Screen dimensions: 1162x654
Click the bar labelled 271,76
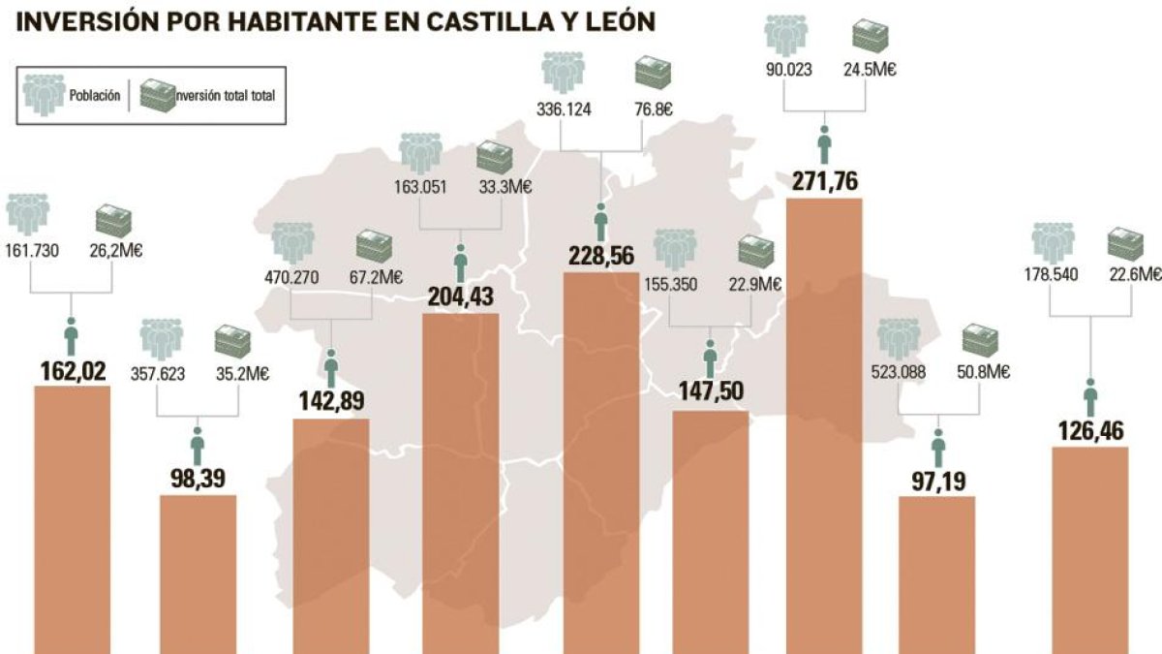click(x=824, y=425)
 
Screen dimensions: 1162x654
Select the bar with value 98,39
click(x=198, y=574)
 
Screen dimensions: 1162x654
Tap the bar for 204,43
click(x=461, y=483)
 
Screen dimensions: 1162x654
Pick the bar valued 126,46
click(x=1090, y=550)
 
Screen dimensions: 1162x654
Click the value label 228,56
click(x=601, y=256)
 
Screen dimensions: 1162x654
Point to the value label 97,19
click(x=938, y=482)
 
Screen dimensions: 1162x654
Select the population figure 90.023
click(x=789, y=70)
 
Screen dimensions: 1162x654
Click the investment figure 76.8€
click(x=654, y=109)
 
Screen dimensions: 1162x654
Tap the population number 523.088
click(x=899, y=372)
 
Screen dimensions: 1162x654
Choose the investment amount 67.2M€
click(x=376, y=278)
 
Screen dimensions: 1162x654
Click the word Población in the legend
click(x=95, y=96)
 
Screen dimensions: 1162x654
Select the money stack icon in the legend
click(x=158, y=95)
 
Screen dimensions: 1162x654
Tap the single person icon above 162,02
click(x=71, y=336)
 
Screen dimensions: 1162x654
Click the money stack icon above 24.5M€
click(x=870, y=35)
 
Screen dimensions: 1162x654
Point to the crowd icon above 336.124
click(x=563, y=73)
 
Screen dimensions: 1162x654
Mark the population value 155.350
click(x=671, y=285)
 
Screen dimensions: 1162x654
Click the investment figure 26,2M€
click(x=116, y=251)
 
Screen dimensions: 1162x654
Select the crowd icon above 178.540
click(x=1053, y=243)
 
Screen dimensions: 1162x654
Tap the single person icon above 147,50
click(x=710, y=359)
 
